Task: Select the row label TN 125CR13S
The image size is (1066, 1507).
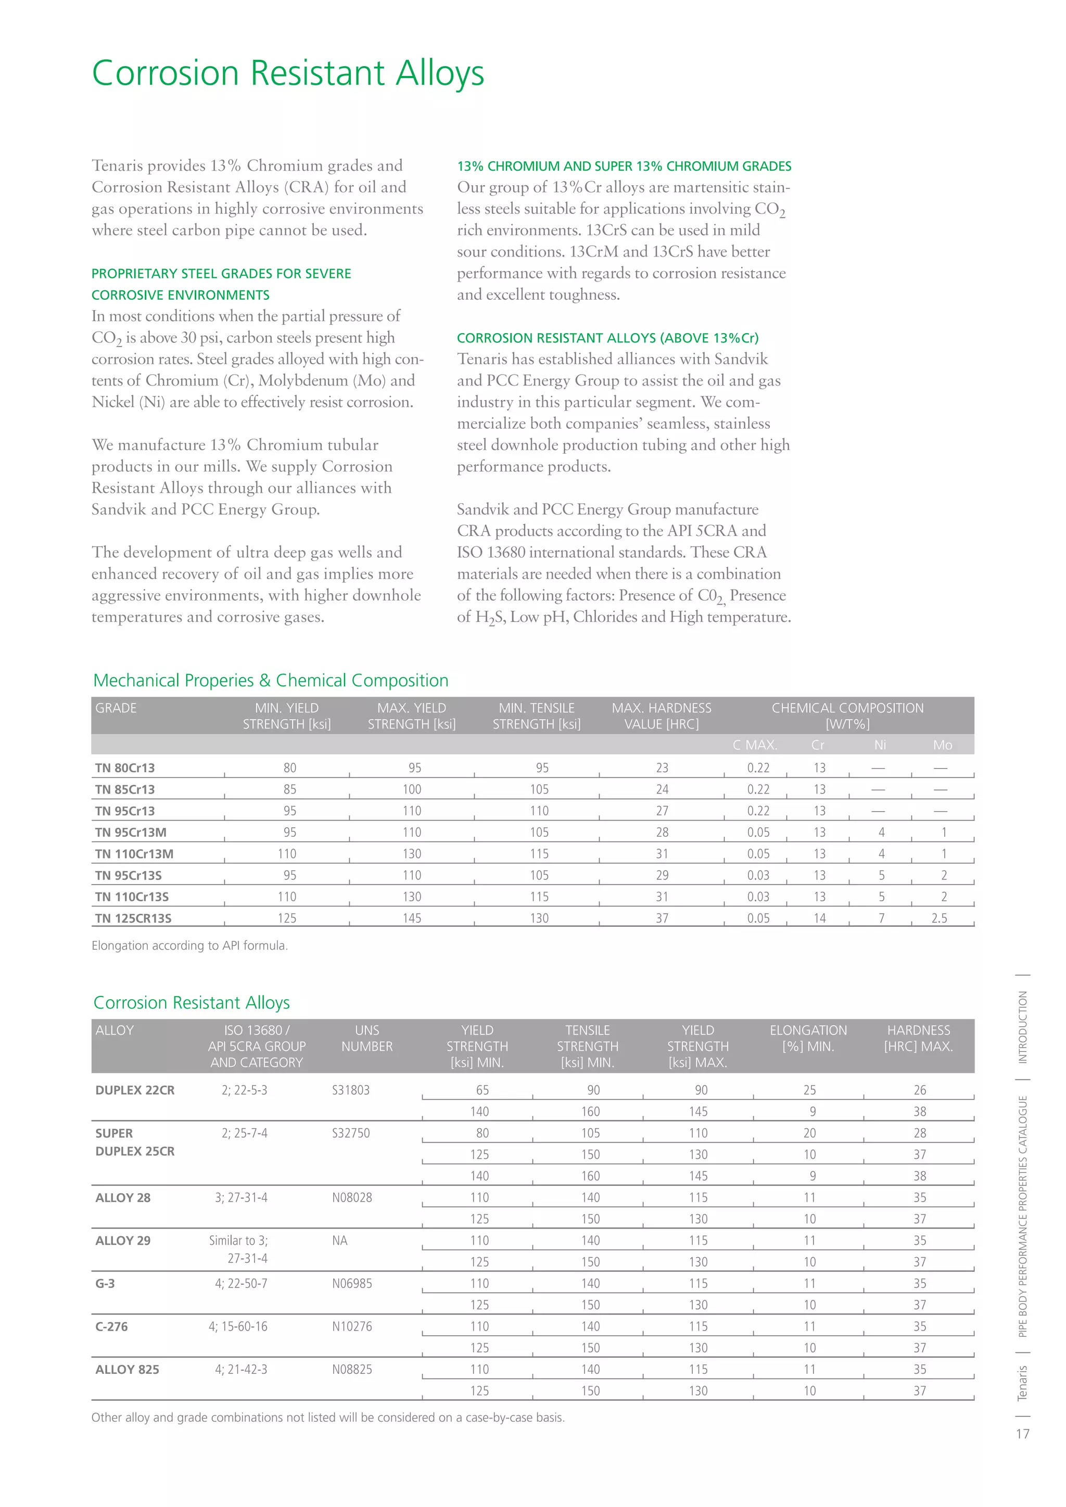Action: coord(133,918)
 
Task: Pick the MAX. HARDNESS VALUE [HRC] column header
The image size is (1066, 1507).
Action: coord(661,716)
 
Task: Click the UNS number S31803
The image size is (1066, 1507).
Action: coord(350,1090)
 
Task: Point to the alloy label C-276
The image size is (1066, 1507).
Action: coord(111,1326)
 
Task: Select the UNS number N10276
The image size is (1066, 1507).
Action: coord(352,1326)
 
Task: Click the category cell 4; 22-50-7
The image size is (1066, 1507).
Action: coord(241,1283)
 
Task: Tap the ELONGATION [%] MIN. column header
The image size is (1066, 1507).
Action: coord(808,1038)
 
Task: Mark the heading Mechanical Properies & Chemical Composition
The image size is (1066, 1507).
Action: coord(271,681)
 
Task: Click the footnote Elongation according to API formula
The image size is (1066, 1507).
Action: coord(189,945)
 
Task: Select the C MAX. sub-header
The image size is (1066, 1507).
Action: coord(755,745)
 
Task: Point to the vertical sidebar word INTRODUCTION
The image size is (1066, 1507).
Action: coord(1022,1028)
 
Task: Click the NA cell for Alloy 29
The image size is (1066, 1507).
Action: coord(339,1241)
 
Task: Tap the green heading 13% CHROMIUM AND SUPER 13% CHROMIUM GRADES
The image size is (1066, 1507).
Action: coord(624,166)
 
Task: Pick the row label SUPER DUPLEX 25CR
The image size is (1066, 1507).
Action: coord(135,1143)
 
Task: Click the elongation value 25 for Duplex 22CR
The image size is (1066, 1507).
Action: coord(809,1090)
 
